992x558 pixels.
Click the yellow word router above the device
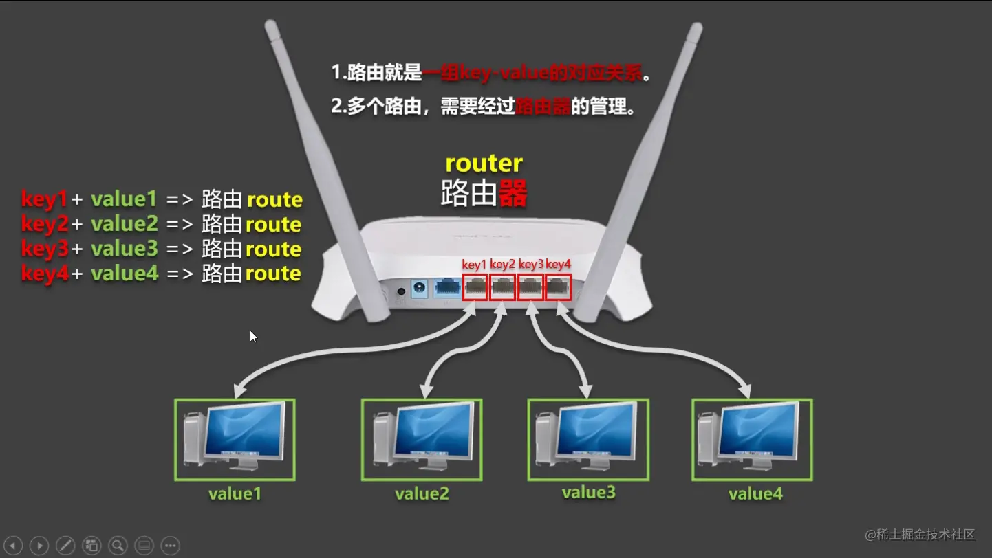[x=484, y=164]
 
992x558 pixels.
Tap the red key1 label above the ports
[x=475, y=264]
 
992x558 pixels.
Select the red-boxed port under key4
[x=558, y=287]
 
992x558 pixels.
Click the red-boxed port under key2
[x=503, y=287]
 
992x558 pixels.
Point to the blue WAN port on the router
[x=447, y=287]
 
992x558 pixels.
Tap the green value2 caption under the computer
[x=422, y=493]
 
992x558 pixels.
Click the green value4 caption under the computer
[x=755, y=493]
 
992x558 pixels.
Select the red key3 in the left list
[x=44, y=249]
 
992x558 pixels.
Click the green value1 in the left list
[x=124, y=199]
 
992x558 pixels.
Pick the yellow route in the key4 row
[x=274, y=274]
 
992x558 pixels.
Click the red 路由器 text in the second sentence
[x=543, y=107]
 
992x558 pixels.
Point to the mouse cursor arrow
[x=252, y=336]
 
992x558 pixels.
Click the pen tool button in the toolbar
[x=65, y=546]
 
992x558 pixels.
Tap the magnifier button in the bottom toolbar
[x=118, y=546]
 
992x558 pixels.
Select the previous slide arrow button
[x=13, y=546]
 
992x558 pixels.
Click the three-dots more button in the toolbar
[x=170, y=546]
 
